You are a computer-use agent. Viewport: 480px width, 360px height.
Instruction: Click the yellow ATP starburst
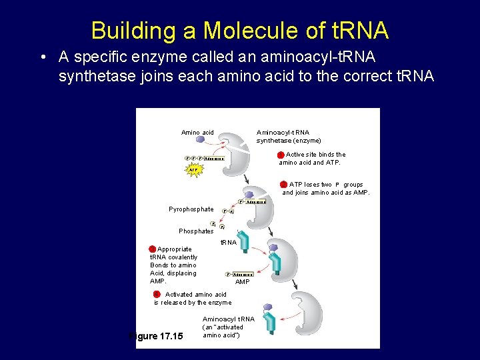[193, 169]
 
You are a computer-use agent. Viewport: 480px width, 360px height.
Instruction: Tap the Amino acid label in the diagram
[197, 133]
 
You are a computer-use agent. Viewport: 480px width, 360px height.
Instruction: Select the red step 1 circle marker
[281, 155]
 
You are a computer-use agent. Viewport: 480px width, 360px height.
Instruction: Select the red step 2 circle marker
[284, 184]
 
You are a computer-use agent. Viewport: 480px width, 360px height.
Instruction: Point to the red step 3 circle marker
[153, 249]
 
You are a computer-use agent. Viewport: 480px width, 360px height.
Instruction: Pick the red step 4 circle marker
[157, 294]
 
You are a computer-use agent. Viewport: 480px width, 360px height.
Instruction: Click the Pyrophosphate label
[191, 209]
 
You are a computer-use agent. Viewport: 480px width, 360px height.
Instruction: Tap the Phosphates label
[196, 231]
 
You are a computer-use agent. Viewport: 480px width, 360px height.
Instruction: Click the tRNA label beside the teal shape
[229, 243]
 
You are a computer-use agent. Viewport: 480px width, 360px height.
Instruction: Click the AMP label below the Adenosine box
[243, 282]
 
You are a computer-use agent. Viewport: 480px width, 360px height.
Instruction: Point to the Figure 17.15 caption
[155, 336]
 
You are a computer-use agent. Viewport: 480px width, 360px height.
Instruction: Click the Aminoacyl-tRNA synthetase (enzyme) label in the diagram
[289, 137]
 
